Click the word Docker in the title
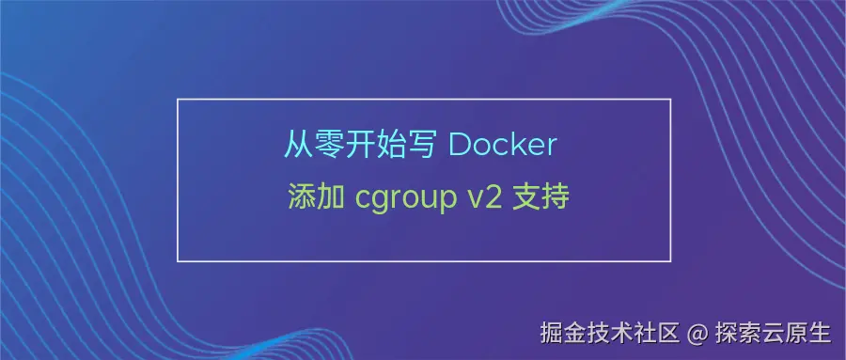pyautogui.click(x=502, y=147)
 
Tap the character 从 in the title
pyautogui.click(x=299, y=147)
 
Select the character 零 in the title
pyautogui.click(x=330, y=147)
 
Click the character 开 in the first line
pyautogui.click(x=361, y=147)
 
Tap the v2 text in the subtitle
pyautogui.click(x=481, y=199)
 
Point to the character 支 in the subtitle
pyautogui.click(x=525, y=199)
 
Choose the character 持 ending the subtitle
pyautogui.click(x=556, y=199)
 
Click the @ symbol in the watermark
pyautogui.click(x=696, y=333)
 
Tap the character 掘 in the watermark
pyautogui.click(x=552, y=333)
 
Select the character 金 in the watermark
pyautogui.click(x=577, y=333)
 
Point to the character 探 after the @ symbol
pyautogui.click(x=725, y=333)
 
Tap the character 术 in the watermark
pyautogui.click(x=623, y=333)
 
